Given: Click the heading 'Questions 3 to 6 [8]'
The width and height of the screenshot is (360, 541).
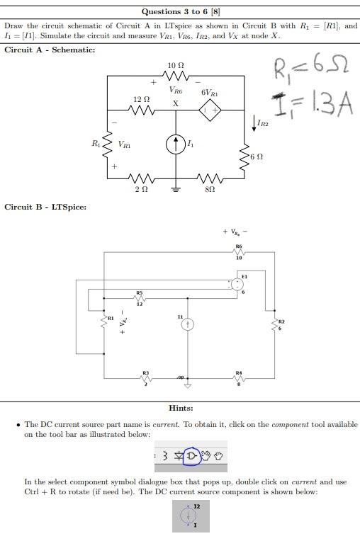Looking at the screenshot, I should coord(181,11).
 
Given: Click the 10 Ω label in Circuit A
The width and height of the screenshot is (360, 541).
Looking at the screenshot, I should coord(176,66).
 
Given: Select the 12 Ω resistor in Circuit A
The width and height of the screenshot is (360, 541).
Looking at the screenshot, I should coord(141,110).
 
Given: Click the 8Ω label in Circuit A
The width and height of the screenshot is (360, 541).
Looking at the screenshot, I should coord(210,191).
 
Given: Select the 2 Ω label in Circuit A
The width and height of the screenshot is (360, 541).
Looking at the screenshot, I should coord(141,191).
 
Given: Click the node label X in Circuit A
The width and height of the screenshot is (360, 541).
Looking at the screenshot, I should coord(176,103).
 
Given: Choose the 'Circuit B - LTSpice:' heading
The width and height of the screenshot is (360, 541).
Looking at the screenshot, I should coord(45,207).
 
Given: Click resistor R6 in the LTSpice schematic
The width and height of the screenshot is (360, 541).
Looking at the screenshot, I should coord(239,253).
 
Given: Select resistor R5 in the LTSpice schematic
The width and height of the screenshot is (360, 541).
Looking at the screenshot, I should coord(140,297).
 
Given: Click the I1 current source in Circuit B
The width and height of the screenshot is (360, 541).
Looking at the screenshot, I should coord(188,324).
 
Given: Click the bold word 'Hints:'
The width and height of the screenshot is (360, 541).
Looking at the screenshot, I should coord(181,408).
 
